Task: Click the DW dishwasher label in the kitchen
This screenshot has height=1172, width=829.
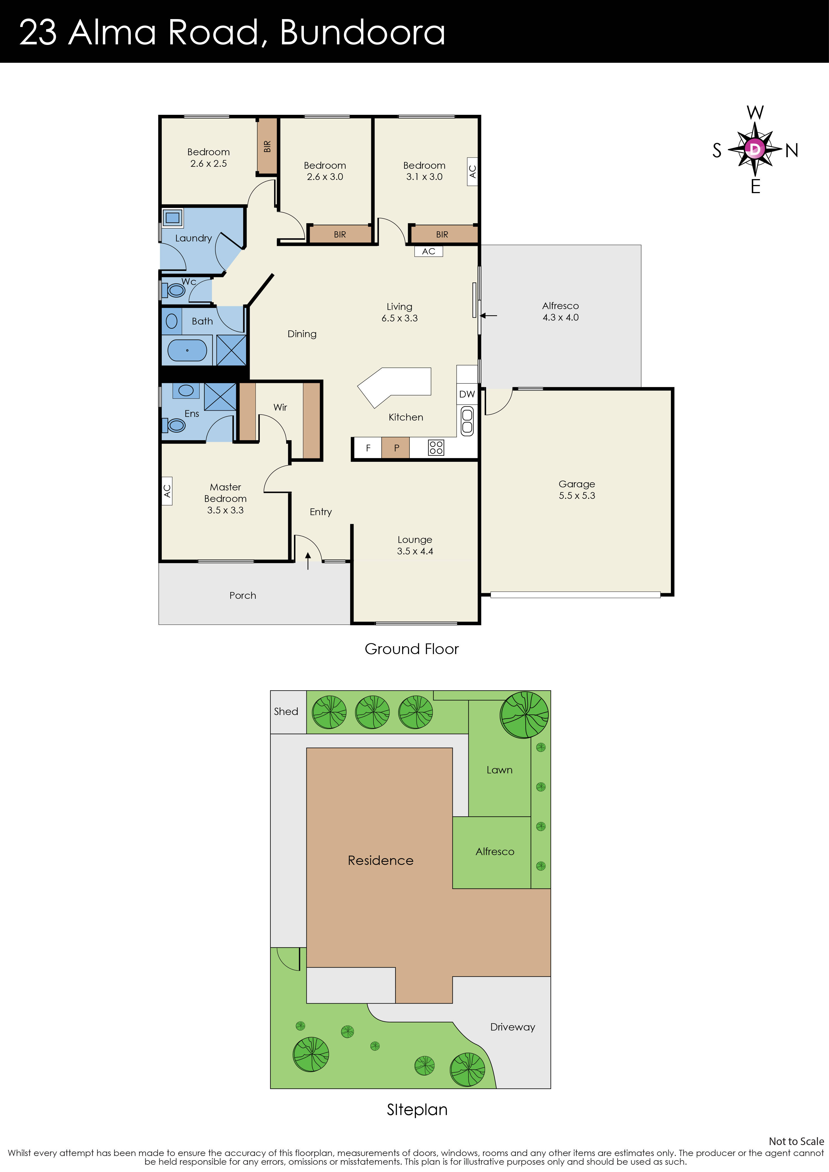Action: tap(466, 394)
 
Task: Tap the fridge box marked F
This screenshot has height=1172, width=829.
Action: tap(368, 448)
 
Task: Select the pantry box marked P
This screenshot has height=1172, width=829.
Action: tap(396, 448)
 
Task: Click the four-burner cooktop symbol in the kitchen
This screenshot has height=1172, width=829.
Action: tap(436, 448)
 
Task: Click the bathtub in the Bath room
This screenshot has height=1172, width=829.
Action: tap(187, 350)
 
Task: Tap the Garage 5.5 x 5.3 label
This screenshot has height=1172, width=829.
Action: tap(577, 490)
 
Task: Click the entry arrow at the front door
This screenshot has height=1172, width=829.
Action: tap(308, 560)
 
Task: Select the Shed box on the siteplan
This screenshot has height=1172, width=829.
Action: tap(286, 712)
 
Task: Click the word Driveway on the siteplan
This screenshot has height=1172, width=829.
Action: tap(512, 1027)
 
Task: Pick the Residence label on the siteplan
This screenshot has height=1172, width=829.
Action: tap(381, 861)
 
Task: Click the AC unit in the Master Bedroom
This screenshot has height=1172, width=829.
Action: tap(167, 491)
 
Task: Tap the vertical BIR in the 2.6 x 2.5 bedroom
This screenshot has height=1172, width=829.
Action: tap(267, 147)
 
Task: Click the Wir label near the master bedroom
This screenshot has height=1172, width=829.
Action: tap(280, 407)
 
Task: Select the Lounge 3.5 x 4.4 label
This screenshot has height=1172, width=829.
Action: tap(415, 545)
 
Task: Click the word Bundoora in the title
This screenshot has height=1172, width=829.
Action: tap(362, 33)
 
